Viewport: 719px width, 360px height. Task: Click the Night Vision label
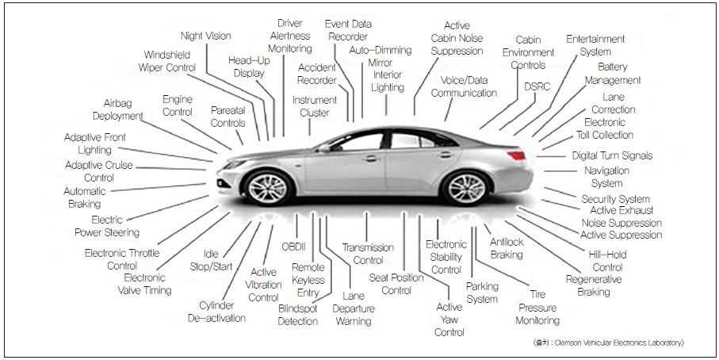pos(205,36)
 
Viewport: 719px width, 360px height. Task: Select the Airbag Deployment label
pos(117,109)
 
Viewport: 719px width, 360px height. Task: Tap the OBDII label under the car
pos(293,247)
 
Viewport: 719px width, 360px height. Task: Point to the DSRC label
pos(537,86)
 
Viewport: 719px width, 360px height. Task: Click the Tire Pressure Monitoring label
pos(537,308)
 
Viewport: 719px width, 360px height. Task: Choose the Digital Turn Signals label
pos(612,155)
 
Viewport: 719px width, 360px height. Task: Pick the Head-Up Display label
pos(249,67)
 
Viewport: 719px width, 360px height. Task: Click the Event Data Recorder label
pos(347,30)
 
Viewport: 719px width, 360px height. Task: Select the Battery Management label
pos(613,74)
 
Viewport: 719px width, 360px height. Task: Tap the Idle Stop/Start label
pos(210,260)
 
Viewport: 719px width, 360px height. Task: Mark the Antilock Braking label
pos(507,248)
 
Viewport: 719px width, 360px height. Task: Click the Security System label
pos(615,199)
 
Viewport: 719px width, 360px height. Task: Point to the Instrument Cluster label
pos(314,106)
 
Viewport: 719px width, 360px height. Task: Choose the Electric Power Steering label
pos(107,226)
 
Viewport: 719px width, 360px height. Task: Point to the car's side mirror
pos(324,148)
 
